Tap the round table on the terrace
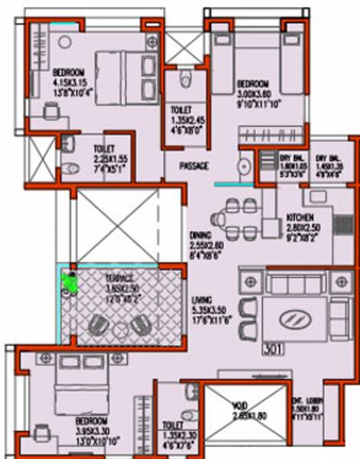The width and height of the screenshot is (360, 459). coord(121,327)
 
